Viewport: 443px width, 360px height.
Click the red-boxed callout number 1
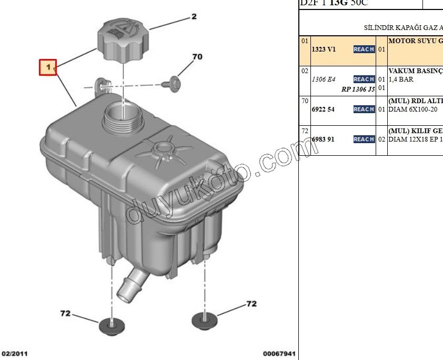48,67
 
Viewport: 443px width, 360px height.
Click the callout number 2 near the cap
194,17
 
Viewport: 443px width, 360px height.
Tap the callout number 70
197,56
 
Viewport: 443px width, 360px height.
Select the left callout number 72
65,313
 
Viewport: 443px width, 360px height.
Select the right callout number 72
251,304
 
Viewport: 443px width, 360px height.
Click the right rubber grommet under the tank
204,318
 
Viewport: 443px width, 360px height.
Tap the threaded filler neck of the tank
123,116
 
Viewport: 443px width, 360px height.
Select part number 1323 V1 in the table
324,49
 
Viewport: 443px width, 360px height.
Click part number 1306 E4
324,79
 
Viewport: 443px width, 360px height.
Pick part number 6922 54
324,109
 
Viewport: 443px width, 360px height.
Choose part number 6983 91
324,139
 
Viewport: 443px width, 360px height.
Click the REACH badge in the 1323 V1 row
364,49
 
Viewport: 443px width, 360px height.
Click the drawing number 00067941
279,354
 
